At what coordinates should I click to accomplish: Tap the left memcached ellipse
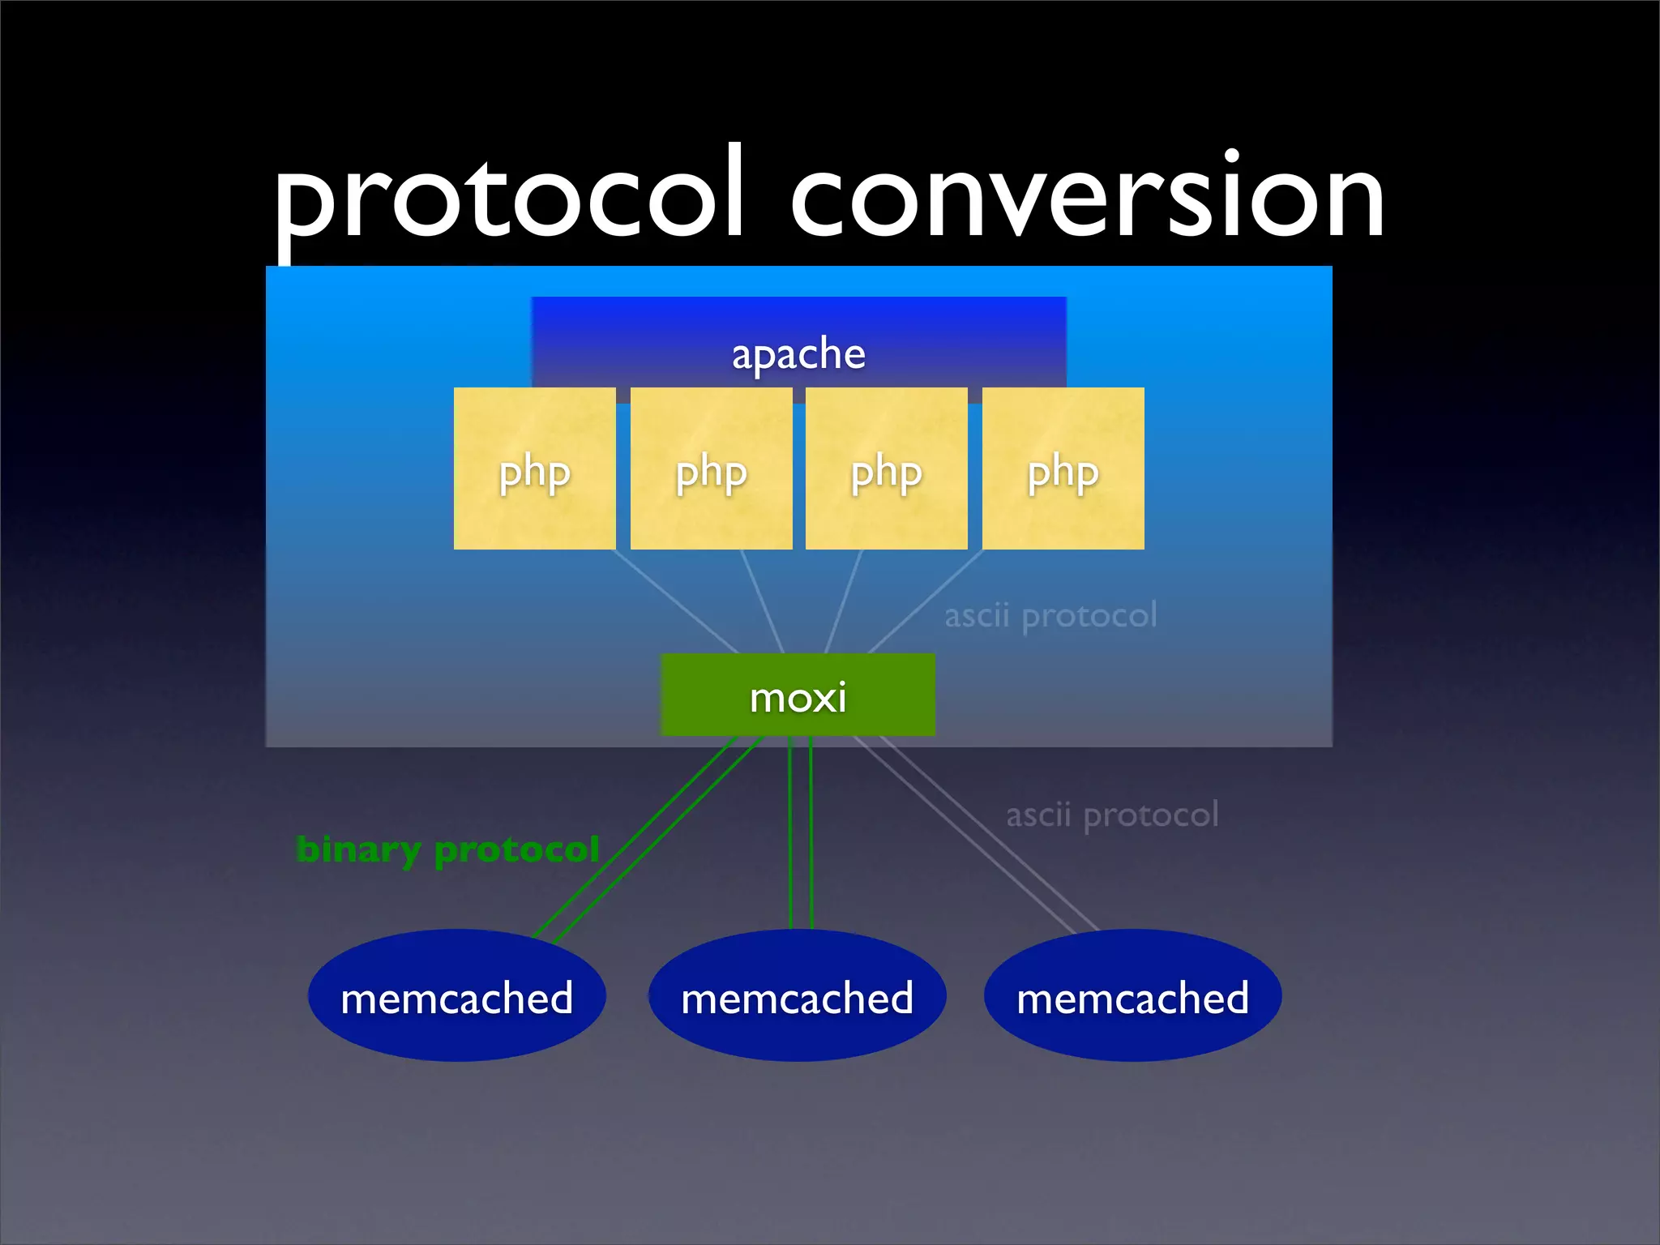[x=456, y=996]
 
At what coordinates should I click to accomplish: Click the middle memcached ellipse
[x=797, y=996]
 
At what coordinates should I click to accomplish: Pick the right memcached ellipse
[x=1132, y=996]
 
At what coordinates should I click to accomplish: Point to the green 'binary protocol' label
[x=447, y=849]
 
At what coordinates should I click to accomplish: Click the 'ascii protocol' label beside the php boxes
[x=1050, y=615]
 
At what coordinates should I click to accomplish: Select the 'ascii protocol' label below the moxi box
[x=1112, y=815]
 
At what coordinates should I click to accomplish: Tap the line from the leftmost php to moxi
[x=676, y=601]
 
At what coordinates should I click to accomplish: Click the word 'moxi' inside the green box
[x=798, y=697]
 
